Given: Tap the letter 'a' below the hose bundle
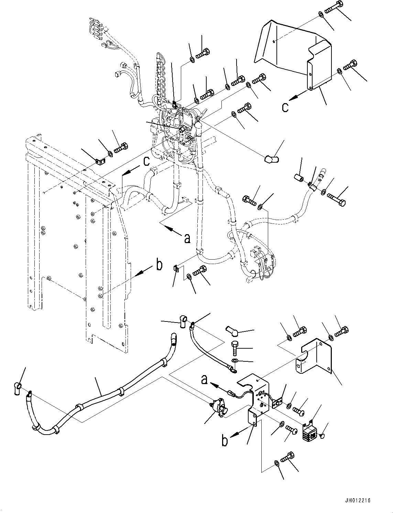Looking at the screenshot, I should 187,238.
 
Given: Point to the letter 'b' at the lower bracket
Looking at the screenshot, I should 225,441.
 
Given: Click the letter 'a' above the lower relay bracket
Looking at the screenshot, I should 204,379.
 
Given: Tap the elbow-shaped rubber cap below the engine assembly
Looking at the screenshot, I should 271,159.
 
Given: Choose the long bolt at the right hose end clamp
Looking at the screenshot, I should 337,199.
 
